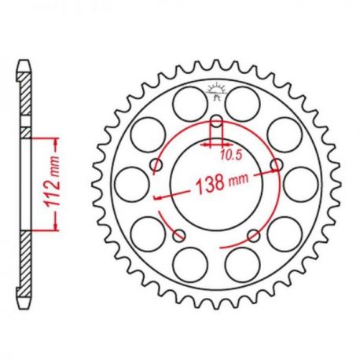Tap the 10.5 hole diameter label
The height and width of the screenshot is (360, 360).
230,156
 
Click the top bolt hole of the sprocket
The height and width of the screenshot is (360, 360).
216,121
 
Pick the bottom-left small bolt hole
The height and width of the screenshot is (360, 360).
179,235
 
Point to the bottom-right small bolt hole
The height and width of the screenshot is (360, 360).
254,235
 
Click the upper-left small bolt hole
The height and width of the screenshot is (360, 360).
156,165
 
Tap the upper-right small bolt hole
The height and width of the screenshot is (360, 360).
277,165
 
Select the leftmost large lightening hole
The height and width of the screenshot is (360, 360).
132,185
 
